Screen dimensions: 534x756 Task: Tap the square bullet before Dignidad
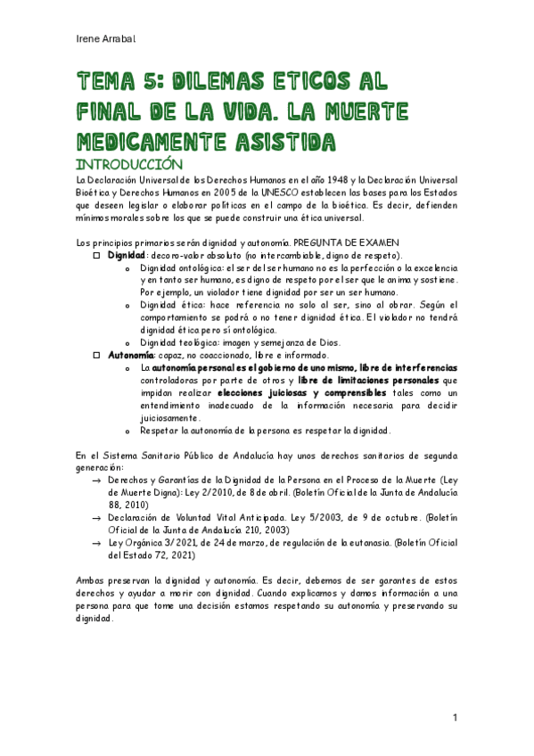point(99,255)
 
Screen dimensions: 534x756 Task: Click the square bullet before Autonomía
point(99,356)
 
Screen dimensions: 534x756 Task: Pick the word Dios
point(326,343)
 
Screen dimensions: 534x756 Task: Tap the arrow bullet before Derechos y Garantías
point(97,481)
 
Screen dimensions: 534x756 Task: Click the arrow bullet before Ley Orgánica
point(97,541)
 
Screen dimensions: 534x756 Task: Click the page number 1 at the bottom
point(454,718)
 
